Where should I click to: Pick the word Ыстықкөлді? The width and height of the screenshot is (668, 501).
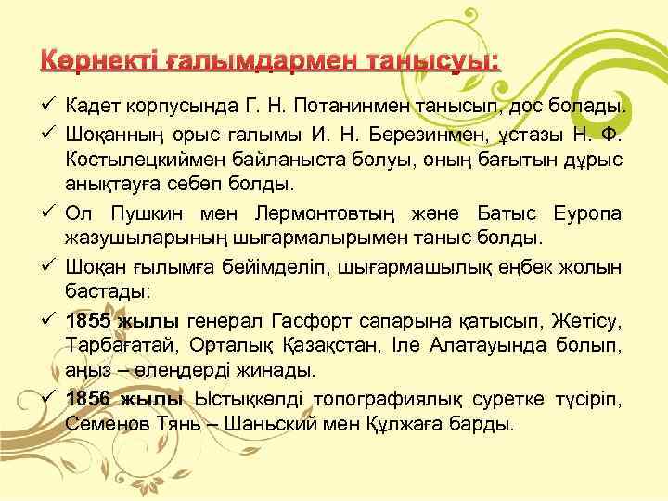[250, 400]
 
